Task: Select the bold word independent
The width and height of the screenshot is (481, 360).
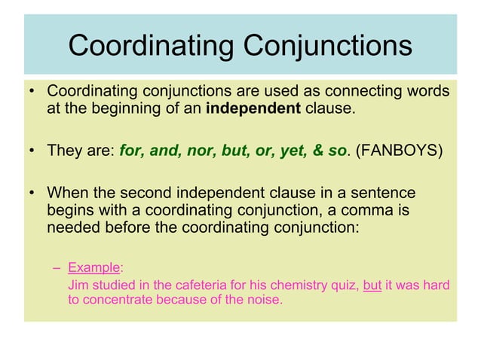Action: tap(253, 109)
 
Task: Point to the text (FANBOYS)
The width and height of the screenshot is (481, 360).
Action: tap(398, 150)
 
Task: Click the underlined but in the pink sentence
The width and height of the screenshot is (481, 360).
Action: tap(372, 285)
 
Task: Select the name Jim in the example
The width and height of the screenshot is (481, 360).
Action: tap(77, 285)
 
